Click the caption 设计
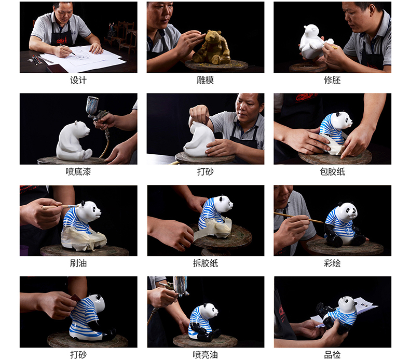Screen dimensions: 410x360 pyautogui.click(x=78, y=80)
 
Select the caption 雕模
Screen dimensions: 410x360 pyautogui.click(x=206, y=80)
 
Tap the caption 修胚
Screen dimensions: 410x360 pyautogui.click(x=332, y=80)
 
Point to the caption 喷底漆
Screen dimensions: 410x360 pyautogui.click(x=78, y=172)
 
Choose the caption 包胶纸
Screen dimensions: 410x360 pyautogui.click(x=332, y=172)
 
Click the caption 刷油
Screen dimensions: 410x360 pyautogui.click(x=78, y=263)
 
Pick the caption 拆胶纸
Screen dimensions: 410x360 pyautogui.click(x=206, y=263)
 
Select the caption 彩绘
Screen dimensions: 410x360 pyautogui.click(x=332, y=263)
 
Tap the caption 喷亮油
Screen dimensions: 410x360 pyautogui.click(x=206, y=355)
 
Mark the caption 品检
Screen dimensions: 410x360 pyautogui.click(x=332, y=355)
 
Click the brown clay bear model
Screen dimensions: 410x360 pyautogui.click(x=212, y=48)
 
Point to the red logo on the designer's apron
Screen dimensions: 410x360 pyautogui.click(x=62, y=40)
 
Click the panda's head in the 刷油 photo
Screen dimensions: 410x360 pyautogui.click(x=89, y=210)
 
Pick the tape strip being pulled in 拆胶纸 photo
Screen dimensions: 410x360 pyautogui.click(x=209, y=231)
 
